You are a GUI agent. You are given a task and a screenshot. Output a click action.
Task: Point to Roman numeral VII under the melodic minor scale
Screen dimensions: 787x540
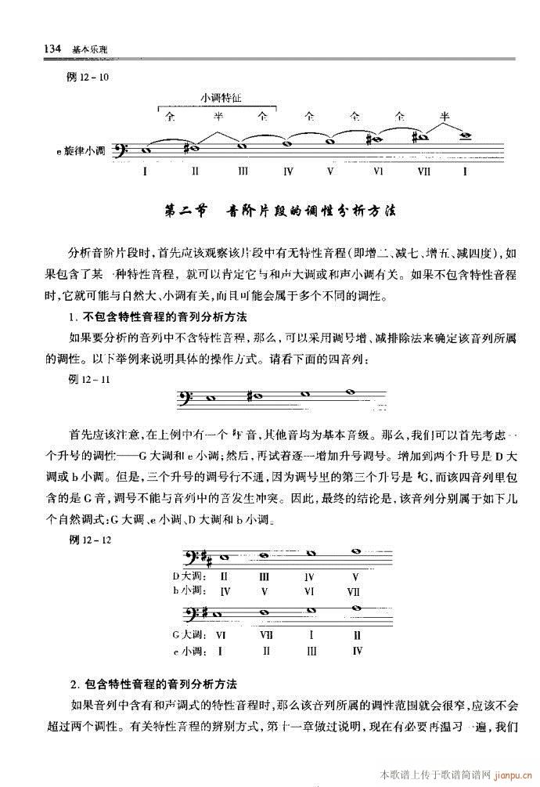(425, 170)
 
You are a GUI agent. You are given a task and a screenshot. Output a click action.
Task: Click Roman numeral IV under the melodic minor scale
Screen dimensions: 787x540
(288, 170)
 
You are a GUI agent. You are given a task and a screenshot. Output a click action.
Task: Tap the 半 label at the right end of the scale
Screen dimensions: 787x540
(445, 116)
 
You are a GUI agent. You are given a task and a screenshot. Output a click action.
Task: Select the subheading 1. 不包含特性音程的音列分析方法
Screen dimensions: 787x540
(157, 317)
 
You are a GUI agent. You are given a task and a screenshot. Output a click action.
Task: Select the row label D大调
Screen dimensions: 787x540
(188, 576)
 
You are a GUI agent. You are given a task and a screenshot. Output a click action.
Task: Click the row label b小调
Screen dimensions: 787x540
(188, 591)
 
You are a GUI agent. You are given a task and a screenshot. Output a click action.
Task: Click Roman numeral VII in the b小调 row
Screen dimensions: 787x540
(353, 591)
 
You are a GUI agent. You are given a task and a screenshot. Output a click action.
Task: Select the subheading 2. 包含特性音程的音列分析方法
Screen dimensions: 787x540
(153, 681)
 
